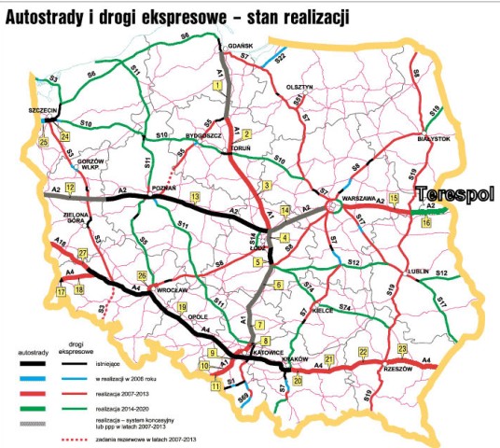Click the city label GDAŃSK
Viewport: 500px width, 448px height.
coord(240,46)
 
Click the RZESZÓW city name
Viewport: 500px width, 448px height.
coord(398,368)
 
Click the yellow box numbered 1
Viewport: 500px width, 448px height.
coord(217,85)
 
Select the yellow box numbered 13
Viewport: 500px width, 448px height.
coord(194,198)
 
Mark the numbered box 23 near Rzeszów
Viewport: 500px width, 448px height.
coord(402,349)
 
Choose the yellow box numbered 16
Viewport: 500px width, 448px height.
coord(426,222)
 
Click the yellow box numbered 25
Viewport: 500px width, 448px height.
coord(43,142)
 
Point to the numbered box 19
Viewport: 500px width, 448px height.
coord(183,306)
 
